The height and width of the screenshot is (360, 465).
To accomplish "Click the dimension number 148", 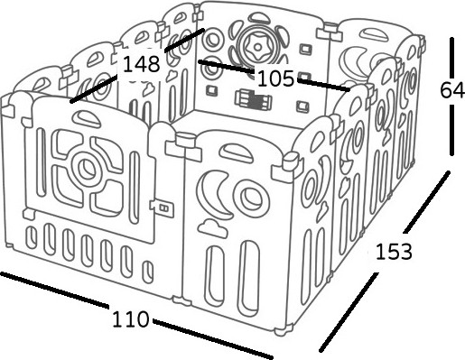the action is coord(142,64).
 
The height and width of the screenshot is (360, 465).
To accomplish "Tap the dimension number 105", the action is coord(275,78).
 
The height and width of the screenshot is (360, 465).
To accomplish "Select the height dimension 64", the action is coord(452,90).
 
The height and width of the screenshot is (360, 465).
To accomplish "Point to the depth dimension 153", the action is coord(394,252).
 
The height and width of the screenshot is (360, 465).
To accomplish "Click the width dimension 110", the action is coord(130,319).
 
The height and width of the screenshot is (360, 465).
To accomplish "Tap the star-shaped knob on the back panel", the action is coord(256,47).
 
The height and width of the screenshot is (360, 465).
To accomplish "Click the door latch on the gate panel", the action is coord(163,208).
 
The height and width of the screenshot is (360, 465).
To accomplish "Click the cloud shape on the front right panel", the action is coord(212,228).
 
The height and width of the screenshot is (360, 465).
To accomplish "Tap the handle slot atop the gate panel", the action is coord(86,118).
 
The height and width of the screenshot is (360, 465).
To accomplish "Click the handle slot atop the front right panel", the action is coord(236,152).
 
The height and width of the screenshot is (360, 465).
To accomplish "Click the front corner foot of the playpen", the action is coord(283,330).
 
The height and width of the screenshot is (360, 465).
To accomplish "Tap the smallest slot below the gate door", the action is coord(147,272).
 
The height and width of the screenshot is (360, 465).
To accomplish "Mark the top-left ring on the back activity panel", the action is coord(212,39).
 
